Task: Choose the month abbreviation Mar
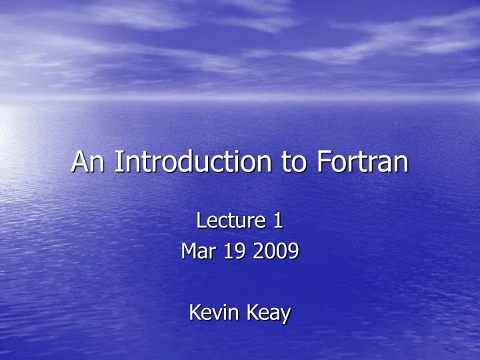click(197, 251)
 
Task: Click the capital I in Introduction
click(117, 162)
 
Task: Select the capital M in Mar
click(189, 251)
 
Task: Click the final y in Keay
click(285, 315)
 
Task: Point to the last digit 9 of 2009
click(293, 251)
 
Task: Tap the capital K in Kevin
click(195, 312)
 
